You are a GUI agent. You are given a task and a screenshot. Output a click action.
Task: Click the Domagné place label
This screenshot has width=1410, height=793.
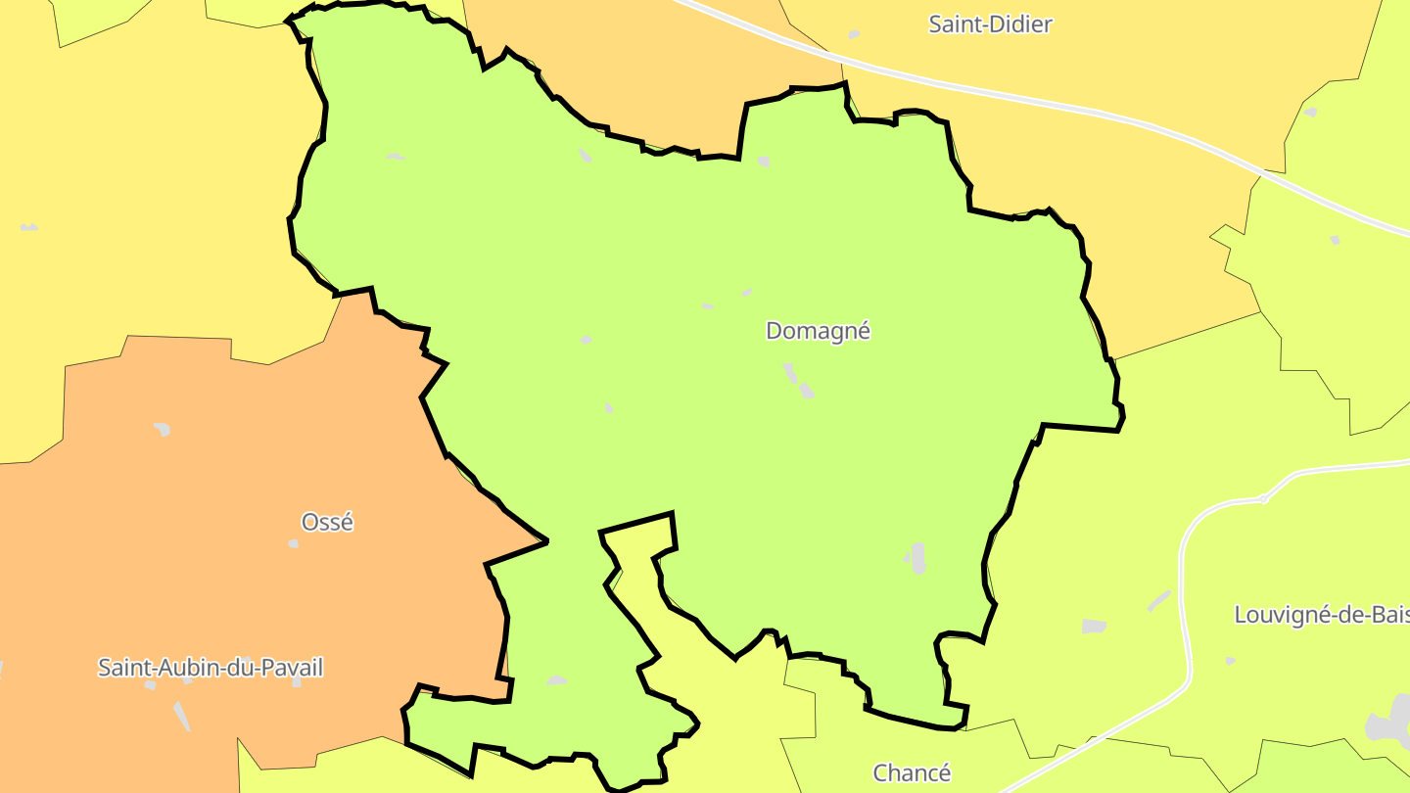point(818,331)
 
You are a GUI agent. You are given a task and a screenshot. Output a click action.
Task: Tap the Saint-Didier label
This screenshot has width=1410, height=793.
point(990,24)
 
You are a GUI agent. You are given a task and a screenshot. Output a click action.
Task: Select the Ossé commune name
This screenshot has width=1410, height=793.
point(327,522)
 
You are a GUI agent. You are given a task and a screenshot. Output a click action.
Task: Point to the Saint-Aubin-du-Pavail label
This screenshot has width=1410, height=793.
point(211,668)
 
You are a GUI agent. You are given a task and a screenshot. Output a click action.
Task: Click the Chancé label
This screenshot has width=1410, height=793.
point(912,772)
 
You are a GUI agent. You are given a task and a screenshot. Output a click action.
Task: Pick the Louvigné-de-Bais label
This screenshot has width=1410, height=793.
point(1321,615)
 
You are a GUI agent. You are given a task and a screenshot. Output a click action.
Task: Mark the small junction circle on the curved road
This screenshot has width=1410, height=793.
point(1264,498)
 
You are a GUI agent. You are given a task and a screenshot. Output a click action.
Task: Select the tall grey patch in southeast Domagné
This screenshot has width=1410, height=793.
point(917,557)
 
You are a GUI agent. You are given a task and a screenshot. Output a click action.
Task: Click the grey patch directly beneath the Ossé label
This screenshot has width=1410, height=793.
point(293,543)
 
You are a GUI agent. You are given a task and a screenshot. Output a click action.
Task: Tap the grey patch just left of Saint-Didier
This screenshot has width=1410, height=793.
point(854,35)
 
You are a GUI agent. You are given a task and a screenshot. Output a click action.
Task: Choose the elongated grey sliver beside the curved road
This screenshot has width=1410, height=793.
point(1158,600)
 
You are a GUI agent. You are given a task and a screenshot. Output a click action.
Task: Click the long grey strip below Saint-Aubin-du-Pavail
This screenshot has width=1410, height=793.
point(181,716)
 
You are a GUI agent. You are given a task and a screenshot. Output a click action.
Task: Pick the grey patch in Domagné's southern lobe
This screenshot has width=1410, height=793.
point(557,680)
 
